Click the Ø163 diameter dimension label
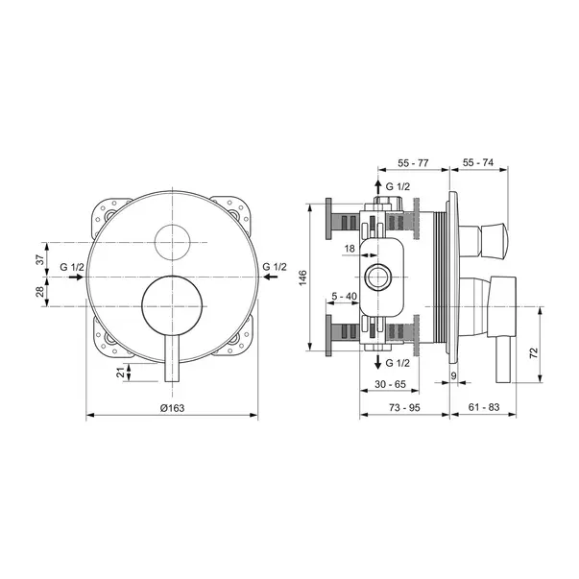pyautogui.click(x=172, y=408)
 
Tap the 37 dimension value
pyautogui.click(x=40, y=259)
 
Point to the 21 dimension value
pyautogui.click(x=121, y=373)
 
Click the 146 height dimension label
pyautogui.click(x=302, y=277)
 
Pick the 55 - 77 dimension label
pyautogui.click(x=413, y=163)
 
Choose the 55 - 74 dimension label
pyautogui.click(x=478, y=162)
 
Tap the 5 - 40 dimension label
pyautogui.click(x=344, y=296)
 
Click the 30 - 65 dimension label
pyautogui.click(x=390, y=384)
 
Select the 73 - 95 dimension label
pyautogui.click(x=404, y=407)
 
